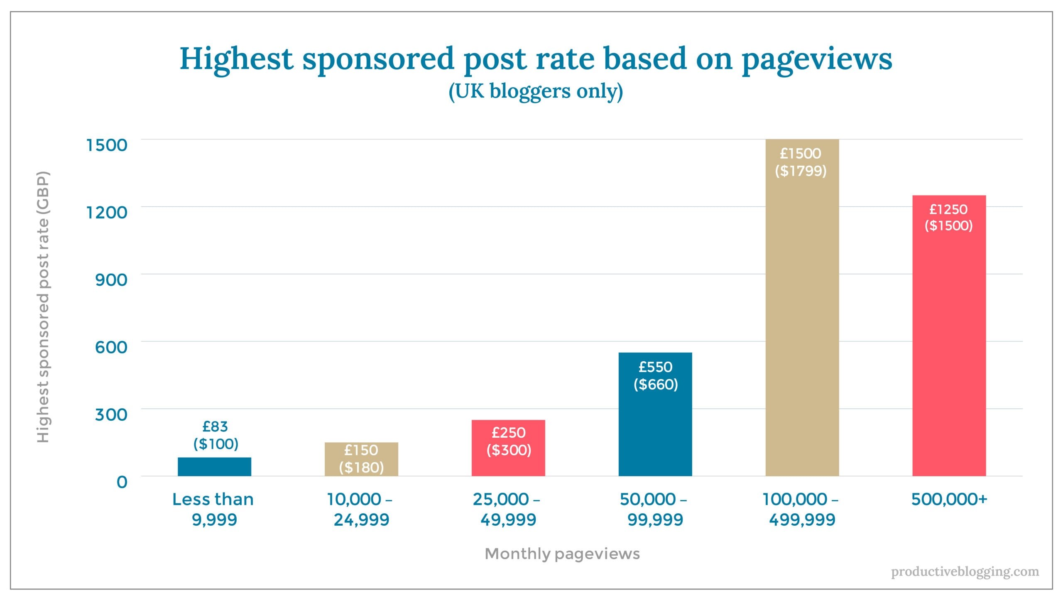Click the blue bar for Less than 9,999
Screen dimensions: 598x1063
pos(214,467)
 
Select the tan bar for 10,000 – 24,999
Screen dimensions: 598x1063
pos(361,459)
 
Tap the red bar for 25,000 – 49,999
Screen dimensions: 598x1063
pos(508,448)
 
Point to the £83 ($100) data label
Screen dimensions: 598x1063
pos(216,435)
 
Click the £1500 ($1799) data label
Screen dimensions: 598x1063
pos(801,162)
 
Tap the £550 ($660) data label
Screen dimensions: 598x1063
pos(655,376)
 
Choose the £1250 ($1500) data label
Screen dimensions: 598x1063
pos(948,217)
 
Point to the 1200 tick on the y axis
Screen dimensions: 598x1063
pos(106,213)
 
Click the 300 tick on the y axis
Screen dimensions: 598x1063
pos(111,414)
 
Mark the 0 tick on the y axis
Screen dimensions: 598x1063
pos(122,482)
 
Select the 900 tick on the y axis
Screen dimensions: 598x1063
pos(111,280)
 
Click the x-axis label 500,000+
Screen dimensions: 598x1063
pos(949,500)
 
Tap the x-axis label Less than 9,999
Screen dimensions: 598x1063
pos(213,509)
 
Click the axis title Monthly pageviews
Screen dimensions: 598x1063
pos(562,554)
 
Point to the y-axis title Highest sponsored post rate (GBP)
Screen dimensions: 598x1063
pos(43,307)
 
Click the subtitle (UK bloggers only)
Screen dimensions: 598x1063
pos(536,91)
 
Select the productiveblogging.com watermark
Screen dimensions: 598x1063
pos(965,572)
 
